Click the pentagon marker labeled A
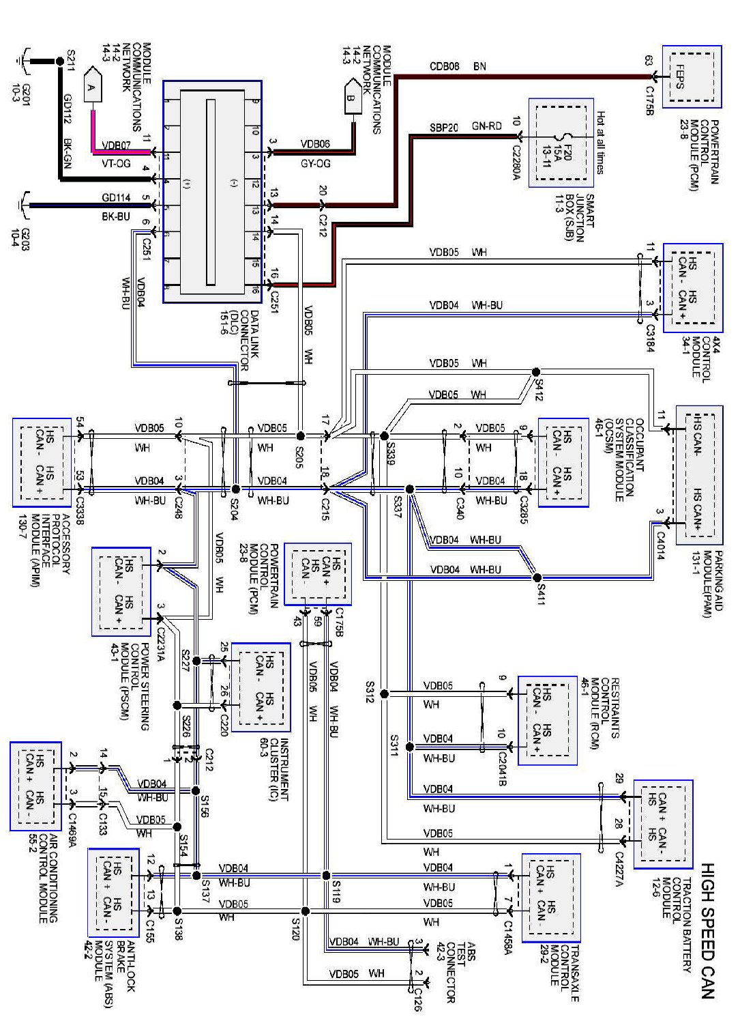coord(91,86)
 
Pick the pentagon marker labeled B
coord(352,96)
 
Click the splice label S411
coord(541,592)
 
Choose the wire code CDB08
coord(444,66)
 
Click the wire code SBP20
coord(444,127)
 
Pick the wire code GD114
coord(116,198)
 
